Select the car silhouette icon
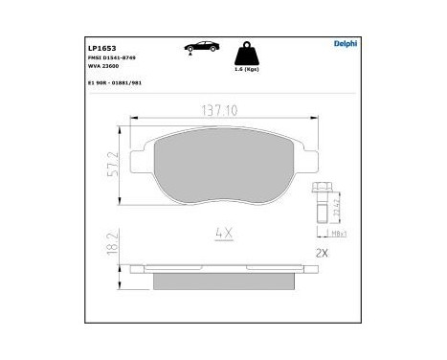click(x=205, y=47)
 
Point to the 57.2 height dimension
click(x=116, y=169)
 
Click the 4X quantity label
click(x=223, y=232)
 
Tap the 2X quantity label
click(x=323, y=257)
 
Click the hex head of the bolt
click(x=321, y=191)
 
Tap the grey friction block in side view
click(x=223, y=281)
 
